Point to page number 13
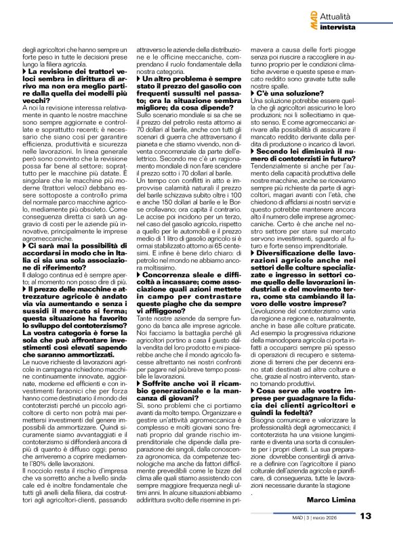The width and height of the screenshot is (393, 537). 366,516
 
